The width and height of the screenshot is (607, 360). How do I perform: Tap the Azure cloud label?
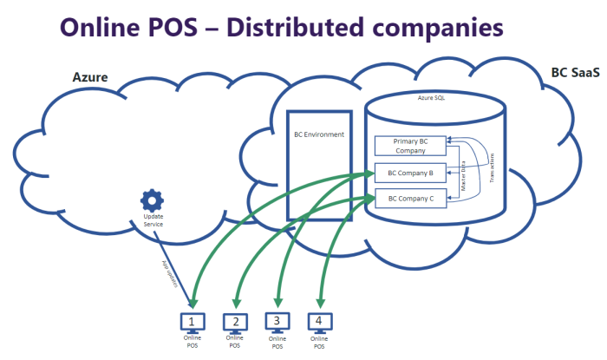89,77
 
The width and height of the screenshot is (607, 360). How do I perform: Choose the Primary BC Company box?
410,146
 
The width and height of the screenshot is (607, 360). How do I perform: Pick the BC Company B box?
410,173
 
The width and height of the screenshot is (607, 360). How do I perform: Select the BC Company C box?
410,199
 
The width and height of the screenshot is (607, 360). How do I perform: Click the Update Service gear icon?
153,200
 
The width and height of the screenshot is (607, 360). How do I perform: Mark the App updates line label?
170,274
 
